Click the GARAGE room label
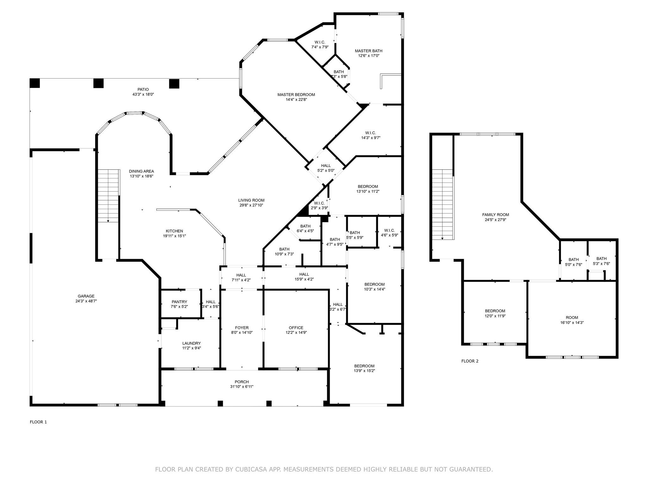(86, 296)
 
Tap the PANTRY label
(179, 302)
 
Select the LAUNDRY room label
(191, 343)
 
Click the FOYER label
(242, 327)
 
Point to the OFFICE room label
(296, 327)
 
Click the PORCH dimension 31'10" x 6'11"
(242, 387)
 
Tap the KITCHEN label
(174, 231)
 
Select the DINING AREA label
(141, 171)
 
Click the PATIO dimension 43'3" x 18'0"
(143, 94)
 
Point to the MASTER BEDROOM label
(296, 95)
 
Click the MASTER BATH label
(368, 51)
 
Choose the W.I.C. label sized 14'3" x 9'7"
(371, 133)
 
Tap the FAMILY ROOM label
(495, 215)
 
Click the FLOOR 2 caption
(470, 361)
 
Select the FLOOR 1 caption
(38, 422)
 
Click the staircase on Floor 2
(442, 204)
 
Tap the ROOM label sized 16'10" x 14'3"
(572, 317)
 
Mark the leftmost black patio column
(35, 83)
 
